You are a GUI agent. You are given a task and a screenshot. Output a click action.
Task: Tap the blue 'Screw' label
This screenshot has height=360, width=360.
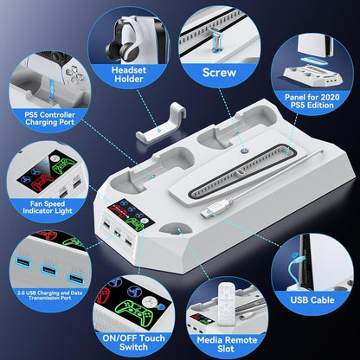click(219, 74)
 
